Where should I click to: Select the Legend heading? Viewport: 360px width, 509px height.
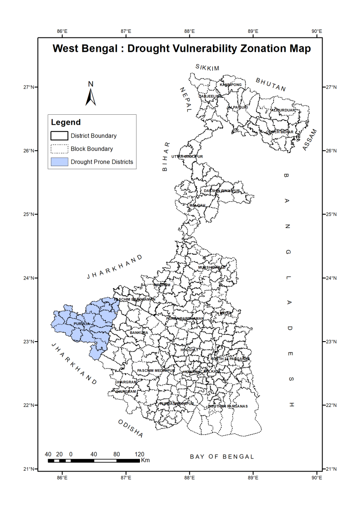pos(66,122)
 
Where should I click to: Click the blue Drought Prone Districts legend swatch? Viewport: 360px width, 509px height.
pos(59,162)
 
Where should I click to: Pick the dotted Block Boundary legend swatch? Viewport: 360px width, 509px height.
pos(59,149)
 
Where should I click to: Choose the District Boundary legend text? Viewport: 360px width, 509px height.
pos(94,135)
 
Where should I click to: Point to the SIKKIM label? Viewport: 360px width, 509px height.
pos(207,68)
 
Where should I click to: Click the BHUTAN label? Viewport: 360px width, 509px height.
pos(271,84)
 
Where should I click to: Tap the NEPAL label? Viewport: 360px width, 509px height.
pos(185,99)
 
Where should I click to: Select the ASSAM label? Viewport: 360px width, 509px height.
pos(310,140)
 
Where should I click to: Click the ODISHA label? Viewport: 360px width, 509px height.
pos(130,428)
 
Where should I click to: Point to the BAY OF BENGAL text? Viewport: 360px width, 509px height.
pos(222,456)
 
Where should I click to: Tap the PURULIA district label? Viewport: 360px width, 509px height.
pos(83,324)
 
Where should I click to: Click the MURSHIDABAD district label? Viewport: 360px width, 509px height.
pos(211,267)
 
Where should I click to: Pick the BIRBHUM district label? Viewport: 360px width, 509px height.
pos(162,284)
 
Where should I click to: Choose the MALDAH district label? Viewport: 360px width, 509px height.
pos(197,205)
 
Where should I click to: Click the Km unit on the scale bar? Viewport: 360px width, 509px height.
pos(145,460)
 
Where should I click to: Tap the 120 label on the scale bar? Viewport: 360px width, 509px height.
pos(139,454)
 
